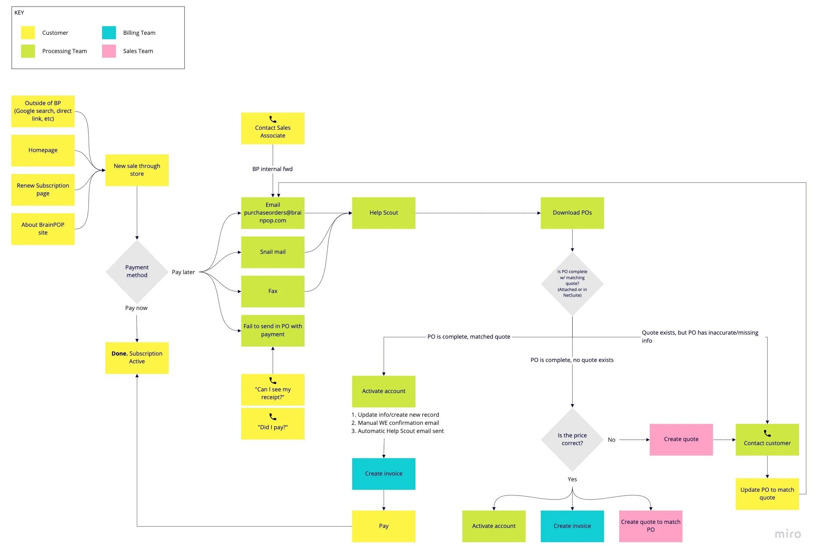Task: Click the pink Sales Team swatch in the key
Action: [x=109, y=51]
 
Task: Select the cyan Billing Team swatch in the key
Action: [x=109, y=33]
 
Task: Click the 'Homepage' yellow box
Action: [x=43, y=151]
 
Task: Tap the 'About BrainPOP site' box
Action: [x=43, y=229]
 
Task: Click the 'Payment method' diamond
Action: [x=137, y=272]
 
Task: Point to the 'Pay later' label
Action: [x=183, y=272]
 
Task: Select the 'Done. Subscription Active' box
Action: [x=137, y=358]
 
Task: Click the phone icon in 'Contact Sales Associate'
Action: [x=273, y=120]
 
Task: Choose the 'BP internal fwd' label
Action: [x=272, y=169]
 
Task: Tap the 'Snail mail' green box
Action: [x=273, y=252]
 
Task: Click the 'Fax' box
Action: [x=273, y=291]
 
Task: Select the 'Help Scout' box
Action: [x=384, y=213]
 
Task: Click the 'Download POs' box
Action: [x=572, y=213]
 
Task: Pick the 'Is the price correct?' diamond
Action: [x=572, y=439]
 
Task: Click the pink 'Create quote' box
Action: [x=681, y=439]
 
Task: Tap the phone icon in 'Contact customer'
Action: [x=767, y=434]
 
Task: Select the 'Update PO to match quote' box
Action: [x=767, y=494]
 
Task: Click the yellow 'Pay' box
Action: [x=384, y=526]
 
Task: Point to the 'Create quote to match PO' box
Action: [x=651, y=526]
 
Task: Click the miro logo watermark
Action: [x=788, y=534]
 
